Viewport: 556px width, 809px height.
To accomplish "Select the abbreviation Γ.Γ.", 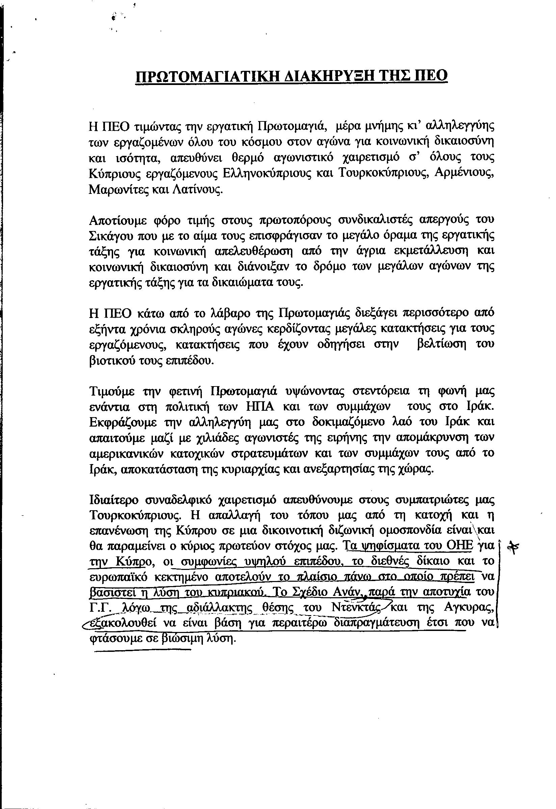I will pyautogui.click(x=100, y=608).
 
